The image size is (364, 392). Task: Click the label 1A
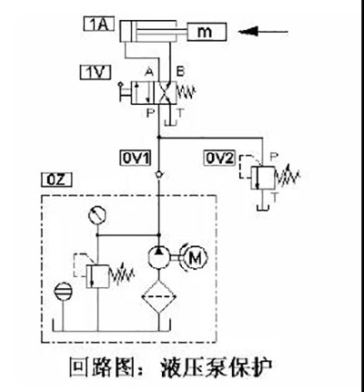(99, 25)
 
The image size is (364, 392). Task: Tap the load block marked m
(207, 32)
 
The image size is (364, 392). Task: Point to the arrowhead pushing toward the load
(248, 31)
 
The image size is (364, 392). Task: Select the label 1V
(96, 73)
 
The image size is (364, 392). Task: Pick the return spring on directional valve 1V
(186, 92)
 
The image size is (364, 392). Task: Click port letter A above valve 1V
(149, 72)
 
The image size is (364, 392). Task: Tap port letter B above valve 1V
(180, 72)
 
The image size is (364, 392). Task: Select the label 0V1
(136, 158)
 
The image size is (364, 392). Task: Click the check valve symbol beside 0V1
(158, 175)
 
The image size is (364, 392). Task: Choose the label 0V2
(219, 158)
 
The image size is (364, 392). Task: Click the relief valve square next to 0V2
(263, 178)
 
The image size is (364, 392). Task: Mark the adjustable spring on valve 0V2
(288, 177)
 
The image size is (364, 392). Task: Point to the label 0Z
(56, 180)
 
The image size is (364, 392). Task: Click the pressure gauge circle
(97, 215)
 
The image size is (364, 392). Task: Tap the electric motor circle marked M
(193, 258)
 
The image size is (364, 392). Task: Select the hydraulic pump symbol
(158, 257)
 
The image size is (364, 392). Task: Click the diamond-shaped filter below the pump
(158, 296)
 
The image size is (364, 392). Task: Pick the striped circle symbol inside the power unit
(63, 291)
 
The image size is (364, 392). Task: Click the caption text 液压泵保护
(217, 367)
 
